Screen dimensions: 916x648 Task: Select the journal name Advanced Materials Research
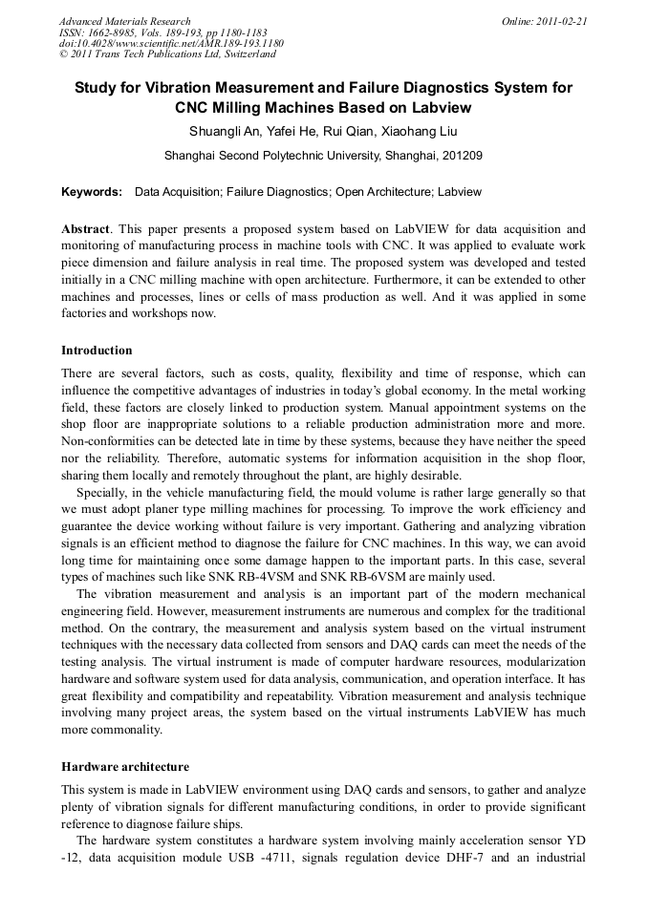124,21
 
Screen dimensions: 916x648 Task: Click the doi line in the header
171,43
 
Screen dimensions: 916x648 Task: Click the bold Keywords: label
92,192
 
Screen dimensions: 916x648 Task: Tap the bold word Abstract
86,229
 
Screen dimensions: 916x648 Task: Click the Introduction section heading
97,351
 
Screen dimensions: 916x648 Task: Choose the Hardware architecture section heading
125,766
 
